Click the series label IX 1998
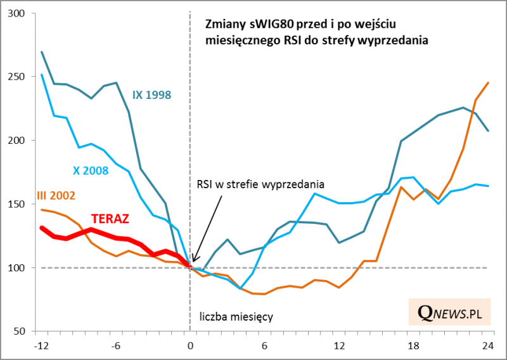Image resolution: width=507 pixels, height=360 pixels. [152, 95]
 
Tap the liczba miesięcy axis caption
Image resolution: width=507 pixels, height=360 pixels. [236, 316]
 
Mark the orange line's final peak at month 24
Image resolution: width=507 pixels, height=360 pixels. [488, 82]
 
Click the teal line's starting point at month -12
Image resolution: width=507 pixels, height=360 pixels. [41, 52]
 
